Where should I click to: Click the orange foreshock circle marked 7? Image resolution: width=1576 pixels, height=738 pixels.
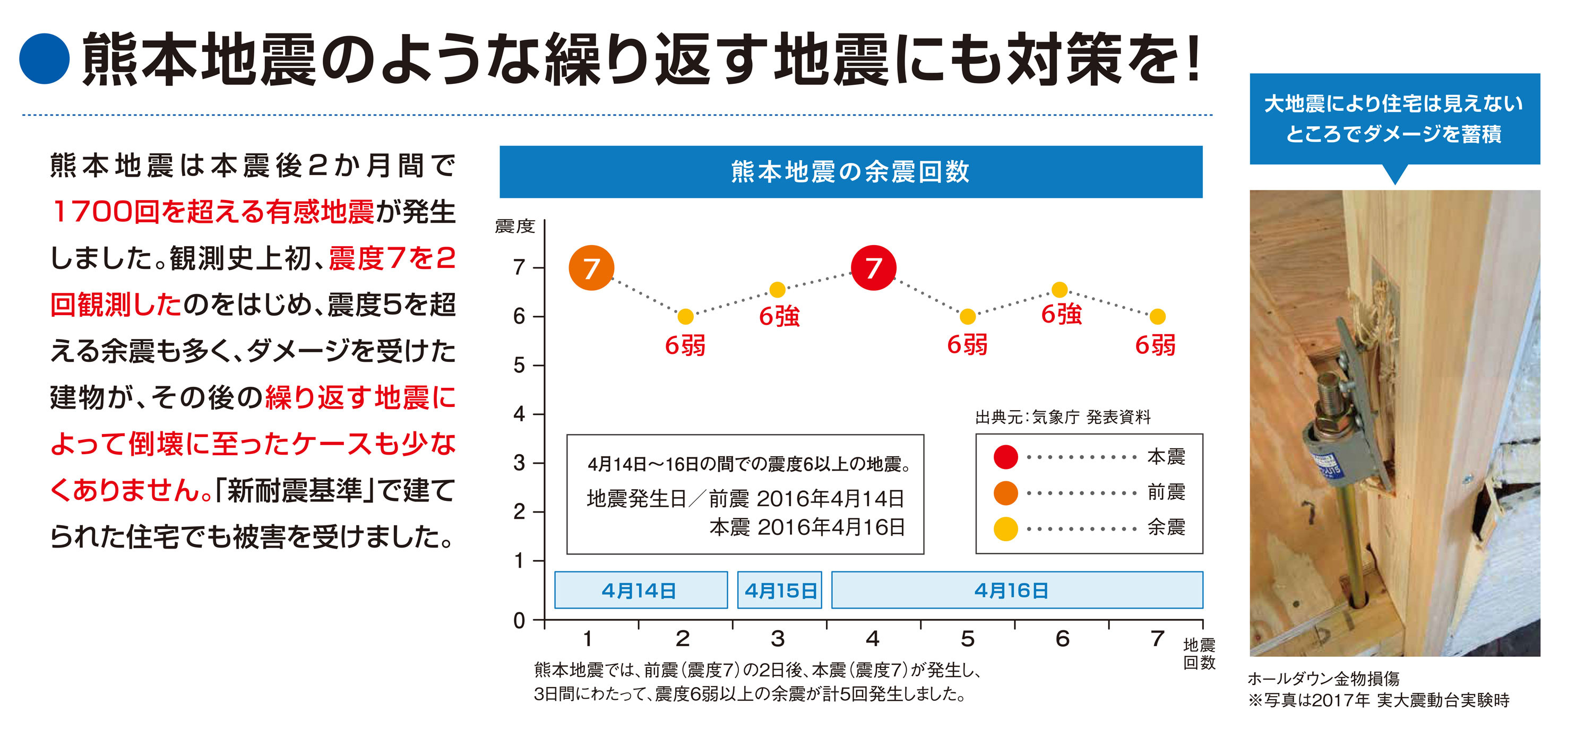591,268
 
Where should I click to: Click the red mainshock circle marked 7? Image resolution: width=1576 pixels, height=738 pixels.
874,268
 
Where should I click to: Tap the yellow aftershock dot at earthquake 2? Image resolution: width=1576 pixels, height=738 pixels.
685,317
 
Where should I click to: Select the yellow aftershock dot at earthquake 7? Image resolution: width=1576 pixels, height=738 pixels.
1157,317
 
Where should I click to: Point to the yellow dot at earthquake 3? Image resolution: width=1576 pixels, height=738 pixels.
777,289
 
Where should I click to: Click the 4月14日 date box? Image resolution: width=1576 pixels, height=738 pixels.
641,590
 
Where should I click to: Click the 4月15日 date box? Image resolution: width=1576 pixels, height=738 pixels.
779,590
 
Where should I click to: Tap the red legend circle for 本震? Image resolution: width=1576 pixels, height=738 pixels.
1005,457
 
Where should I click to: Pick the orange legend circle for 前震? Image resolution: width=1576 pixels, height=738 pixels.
1005,493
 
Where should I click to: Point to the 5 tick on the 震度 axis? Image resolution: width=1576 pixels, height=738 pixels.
520,366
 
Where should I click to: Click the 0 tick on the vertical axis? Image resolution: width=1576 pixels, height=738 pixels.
520,621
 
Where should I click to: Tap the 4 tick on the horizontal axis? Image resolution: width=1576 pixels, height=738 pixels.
873,639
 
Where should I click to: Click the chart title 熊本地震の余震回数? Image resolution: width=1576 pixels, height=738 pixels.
850,172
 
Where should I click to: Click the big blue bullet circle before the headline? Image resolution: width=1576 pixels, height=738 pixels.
44,59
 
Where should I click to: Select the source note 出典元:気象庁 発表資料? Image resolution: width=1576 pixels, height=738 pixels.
1063,417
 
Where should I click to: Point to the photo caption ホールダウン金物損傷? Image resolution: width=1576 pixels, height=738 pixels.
1323,679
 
